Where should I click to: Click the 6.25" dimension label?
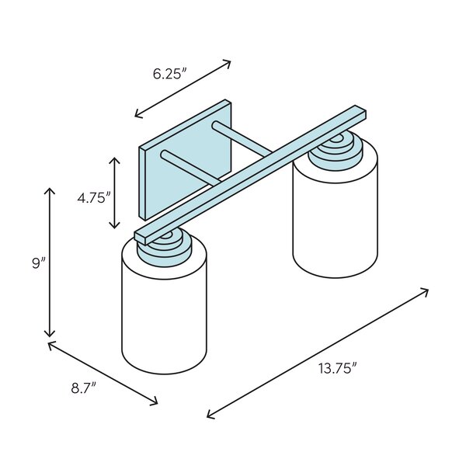click(170, 74)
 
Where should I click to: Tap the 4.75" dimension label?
click(94, 197)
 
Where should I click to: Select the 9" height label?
click(40, 263)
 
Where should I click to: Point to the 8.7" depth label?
click(84, 388)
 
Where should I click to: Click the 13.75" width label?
click(338, 368)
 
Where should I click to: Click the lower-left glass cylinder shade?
click(165, 306)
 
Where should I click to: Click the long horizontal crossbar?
click(250, 176)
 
